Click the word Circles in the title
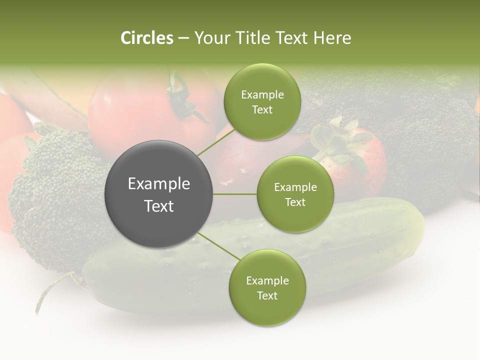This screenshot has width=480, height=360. (x=146, y=38)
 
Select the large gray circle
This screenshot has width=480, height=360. (x=158, y=194)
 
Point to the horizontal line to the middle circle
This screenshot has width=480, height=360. (x=235, y=194)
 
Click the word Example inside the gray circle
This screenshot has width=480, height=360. (x=158, y=184)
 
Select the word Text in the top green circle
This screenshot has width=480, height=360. (x=262, y=110)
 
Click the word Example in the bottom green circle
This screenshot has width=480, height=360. (x=267, y=281)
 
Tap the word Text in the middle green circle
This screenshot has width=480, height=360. (x=295, y=202)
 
